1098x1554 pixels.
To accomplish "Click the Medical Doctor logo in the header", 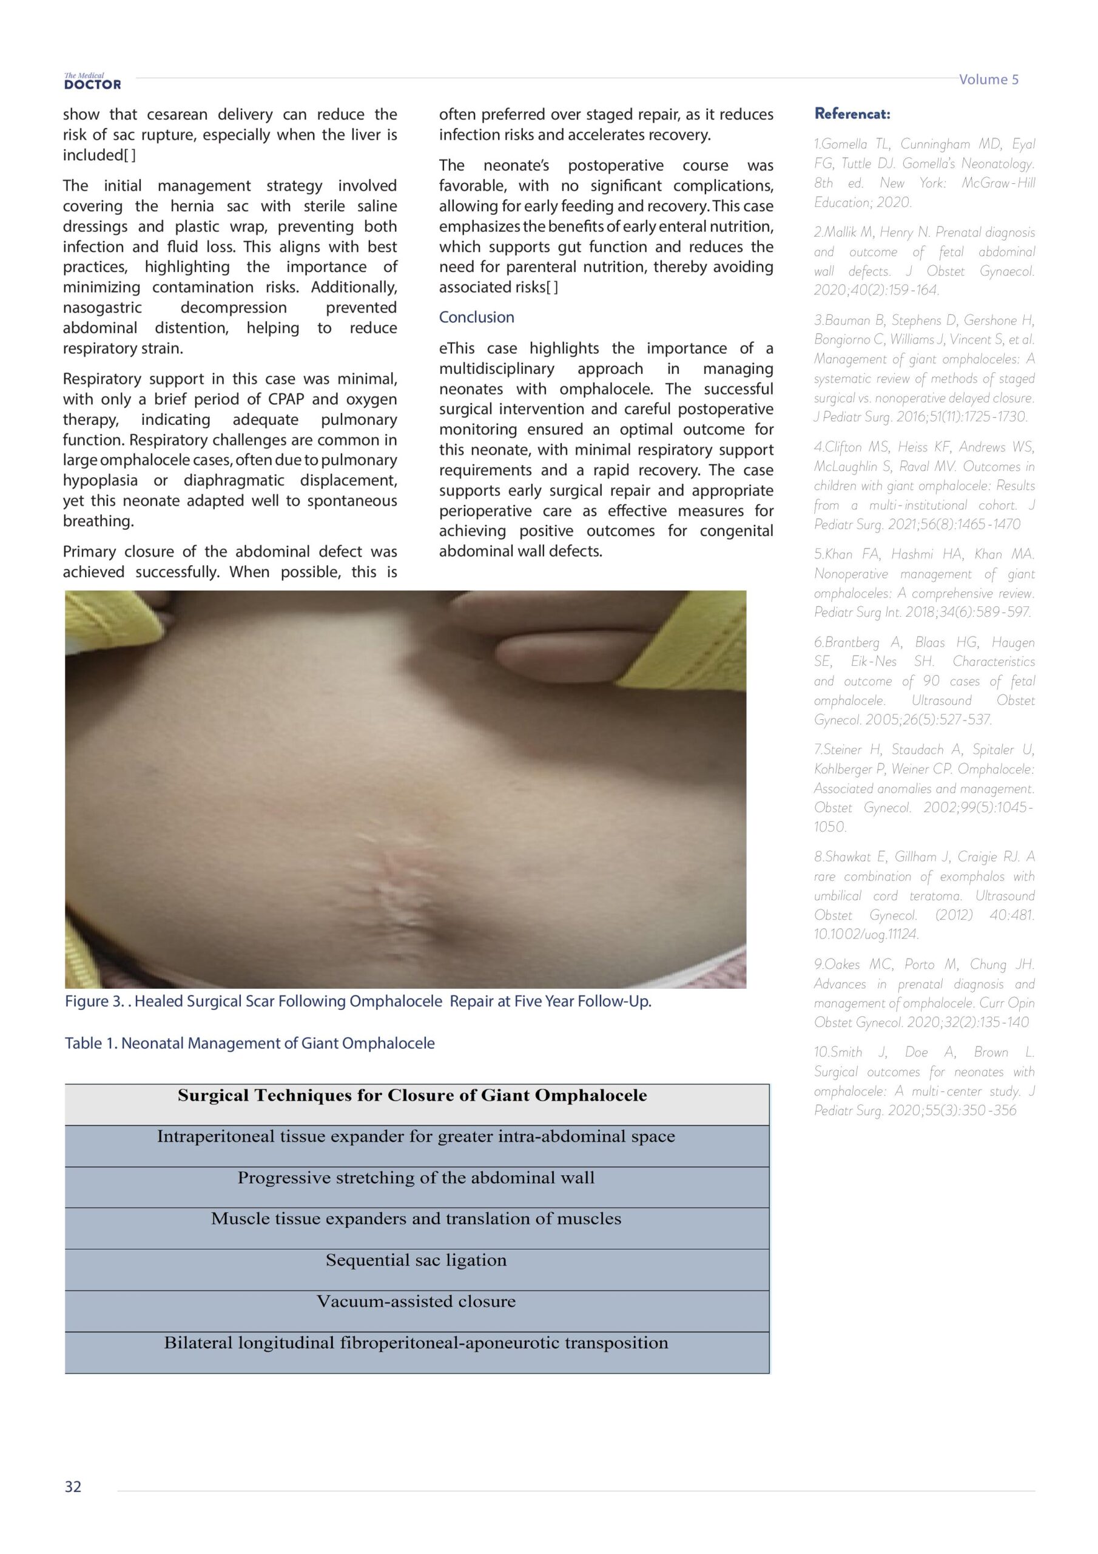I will (x=92, y=81).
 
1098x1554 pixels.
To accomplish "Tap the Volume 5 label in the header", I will (x=988, y=79).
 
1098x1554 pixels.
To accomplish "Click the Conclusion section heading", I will (x=476, y=317).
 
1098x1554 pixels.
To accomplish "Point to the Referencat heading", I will (x=852, y=114).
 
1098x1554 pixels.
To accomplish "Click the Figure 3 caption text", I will (x=358, y=1001).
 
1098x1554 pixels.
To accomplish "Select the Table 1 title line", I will (x=250, y=1043).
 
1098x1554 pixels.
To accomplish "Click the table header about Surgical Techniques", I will (x=412, y=1096).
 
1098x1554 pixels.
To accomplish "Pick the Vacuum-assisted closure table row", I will (x=416, y=1301).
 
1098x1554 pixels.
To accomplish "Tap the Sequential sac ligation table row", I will (x=416, y=1260).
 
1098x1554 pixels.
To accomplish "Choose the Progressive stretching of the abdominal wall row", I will (x=416, y=1178).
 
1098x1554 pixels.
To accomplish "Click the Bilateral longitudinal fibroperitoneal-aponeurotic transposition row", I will (x=416, y=1343).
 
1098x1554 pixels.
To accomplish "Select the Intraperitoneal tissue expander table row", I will (x=416, y=1136).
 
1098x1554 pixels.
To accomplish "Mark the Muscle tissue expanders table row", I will (x=416, y=1219).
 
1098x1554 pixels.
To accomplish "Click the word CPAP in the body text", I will (x=286, y=399).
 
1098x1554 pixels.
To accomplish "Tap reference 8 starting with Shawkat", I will (x=924, y=895).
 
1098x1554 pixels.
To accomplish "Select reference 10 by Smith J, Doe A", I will (x=924, y=1081).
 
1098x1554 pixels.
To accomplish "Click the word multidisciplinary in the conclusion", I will (x=497, y=369).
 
